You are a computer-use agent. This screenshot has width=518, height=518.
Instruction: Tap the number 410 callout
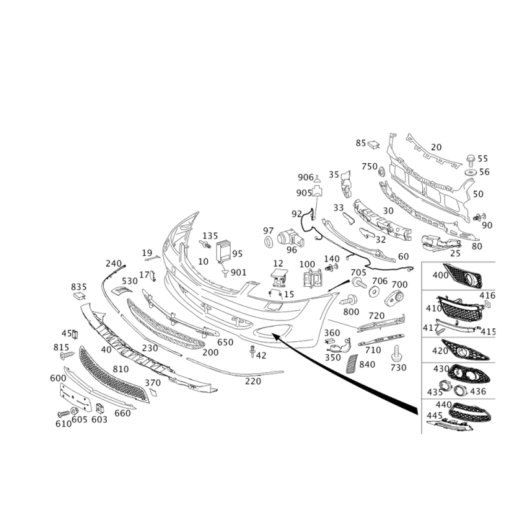(431, 308)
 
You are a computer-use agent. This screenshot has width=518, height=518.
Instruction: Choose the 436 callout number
(479, 392)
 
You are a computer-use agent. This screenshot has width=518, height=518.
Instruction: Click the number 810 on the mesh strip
(120, 368)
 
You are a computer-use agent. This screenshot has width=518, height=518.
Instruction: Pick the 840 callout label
(367, 365)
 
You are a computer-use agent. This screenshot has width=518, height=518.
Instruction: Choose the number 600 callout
(57, 376)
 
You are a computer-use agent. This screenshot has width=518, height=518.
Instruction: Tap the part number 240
(113, 262)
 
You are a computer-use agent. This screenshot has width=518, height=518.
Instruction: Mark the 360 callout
(332, 332)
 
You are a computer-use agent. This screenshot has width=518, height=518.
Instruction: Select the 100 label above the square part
(306, 264)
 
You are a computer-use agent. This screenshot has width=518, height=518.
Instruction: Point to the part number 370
(153, 383)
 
